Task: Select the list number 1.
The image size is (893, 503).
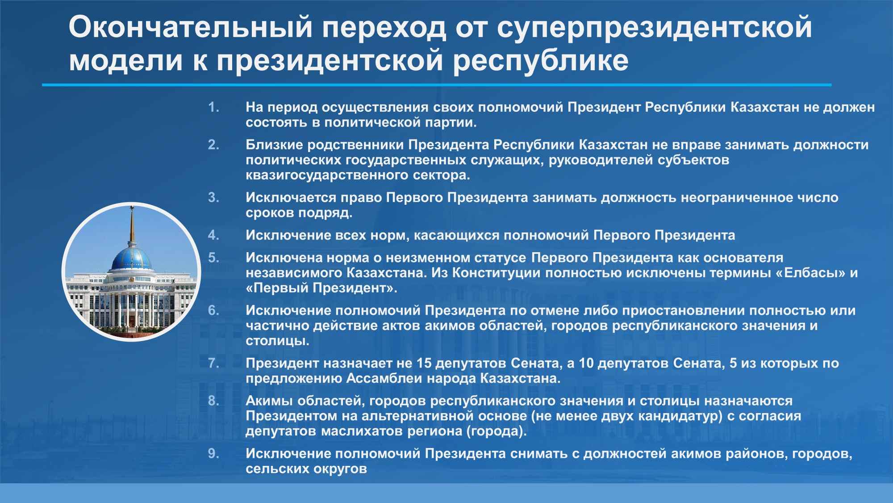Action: (214, 107)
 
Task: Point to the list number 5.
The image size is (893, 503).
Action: (214, 258)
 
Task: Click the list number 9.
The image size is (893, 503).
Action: (214, 454)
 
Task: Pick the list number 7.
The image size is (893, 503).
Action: (214, 363)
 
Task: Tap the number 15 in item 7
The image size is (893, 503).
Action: (424, 363)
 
